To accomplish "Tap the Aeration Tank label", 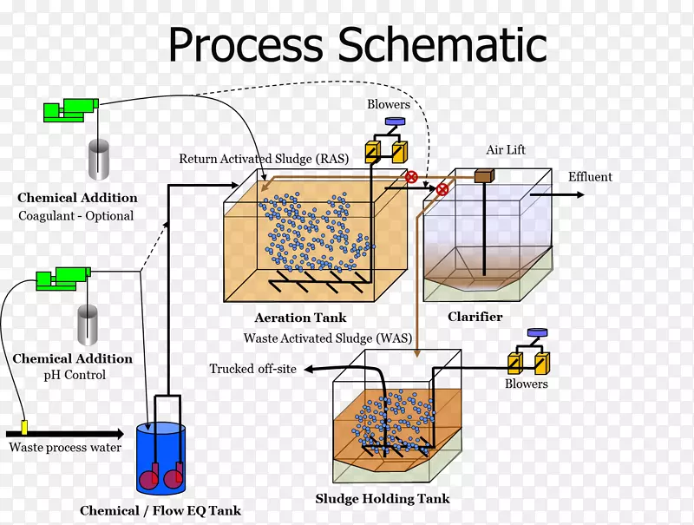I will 301,318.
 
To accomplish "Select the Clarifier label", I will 475,317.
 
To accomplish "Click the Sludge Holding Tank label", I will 383,499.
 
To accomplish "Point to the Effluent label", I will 590,177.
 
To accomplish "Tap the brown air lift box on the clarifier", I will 484,176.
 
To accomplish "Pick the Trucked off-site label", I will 252,370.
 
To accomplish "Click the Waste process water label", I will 65,448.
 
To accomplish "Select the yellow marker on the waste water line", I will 24,427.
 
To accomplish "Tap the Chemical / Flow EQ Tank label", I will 160,511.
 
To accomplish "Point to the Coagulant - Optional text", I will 76,216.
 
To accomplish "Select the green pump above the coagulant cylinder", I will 69,110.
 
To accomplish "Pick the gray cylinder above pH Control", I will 88,325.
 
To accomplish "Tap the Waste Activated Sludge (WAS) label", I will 321,338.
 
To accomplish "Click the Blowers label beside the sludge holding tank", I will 527,384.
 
